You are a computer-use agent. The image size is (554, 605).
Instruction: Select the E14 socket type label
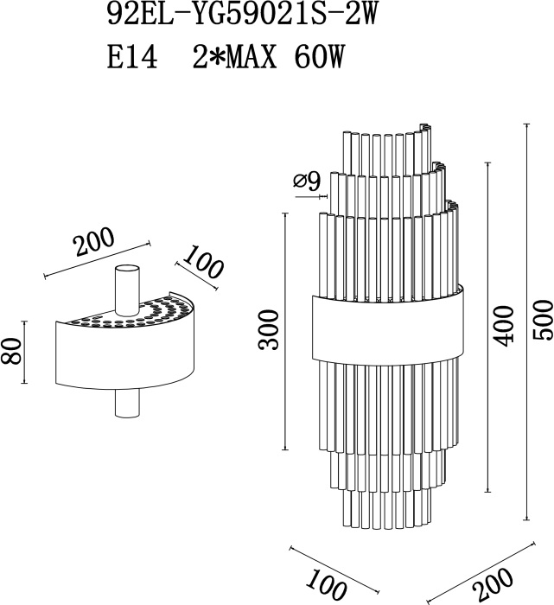point(132,58)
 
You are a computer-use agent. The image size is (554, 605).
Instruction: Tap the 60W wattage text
point(318,58)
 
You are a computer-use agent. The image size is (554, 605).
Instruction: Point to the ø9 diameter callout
point(307,181)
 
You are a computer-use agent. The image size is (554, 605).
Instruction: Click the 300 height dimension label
point(269,330)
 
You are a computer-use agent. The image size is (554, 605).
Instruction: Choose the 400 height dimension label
point(505,326)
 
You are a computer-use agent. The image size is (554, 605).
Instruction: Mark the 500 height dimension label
point(543,321)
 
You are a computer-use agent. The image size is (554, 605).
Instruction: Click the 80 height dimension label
point(10,351)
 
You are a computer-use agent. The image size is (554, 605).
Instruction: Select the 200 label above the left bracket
point(94,242)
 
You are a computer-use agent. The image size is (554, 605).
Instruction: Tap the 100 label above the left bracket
point(201,263)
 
